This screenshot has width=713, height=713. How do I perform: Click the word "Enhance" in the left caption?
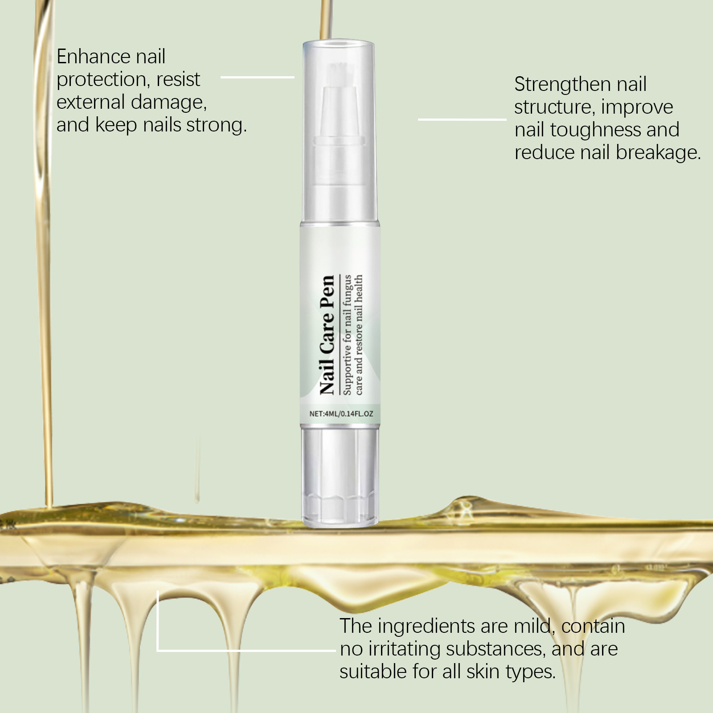94,57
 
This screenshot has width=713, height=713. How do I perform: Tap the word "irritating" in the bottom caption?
405,650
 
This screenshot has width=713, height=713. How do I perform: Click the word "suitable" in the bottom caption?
373,672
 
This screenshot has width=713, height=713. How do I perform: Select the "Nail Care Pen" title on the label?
327,335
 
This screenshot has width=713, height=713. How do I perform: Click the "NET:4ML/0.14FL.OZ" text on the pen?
341,414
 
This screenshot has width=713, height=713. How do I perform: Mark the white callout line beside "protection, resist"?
258,77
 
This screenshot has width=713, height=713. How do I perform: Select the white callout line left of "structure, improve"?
462,119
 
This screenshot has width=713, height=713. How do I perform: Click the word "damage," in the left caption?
169,103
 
